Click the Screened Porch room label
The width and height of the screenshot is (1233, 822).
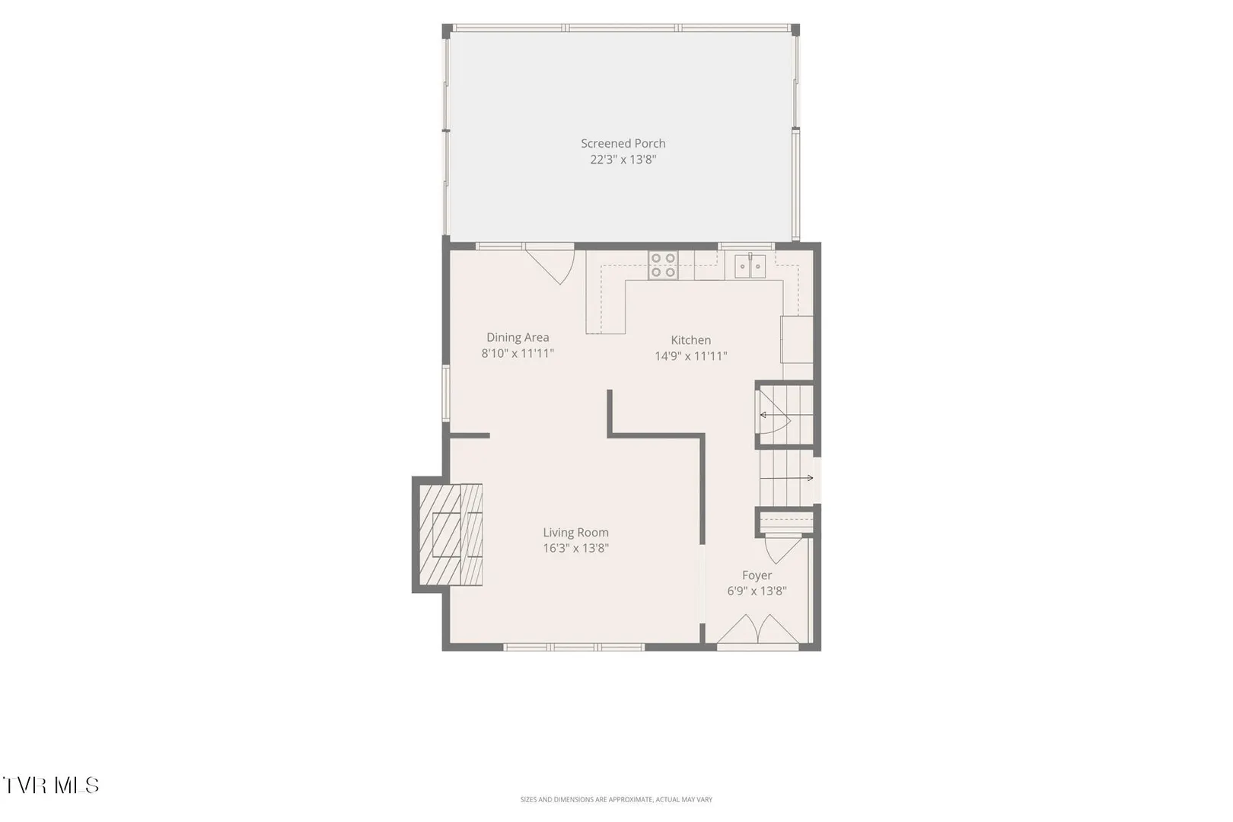coord(623,144)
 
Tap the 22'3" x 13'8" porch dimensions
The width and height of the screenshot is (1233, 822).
coord(623,160)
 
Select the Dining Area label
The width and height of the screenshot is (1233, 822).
coord(518,337)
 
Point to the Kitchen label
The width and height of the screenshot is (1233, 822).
coord(691,339)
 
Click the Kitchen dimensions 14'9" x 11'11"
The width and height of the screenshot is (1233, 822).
coord(691,356)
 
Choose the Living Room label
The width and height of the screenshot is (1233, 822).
coord(575,533)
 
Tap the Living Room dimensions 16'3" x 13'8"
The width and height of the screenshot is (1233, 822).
coord(575,548)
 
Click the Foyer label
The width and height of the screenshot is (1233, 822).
coord(757,575)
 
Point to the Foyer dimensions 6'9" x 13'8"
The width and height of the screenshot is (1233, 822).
coord(757,591)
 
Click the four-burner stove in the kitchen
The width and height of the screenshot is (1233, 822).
coord(663,265)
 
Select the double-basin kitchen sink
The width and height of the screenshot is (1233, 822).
coord(750,266)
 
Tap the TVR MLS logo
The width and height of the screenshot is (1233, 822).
coord(51,785)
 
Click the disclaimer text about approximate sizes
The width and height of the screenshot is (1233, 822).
coord(616,799)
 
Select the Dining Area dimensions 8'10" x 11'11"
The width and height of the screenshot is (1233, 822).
coord(518,353)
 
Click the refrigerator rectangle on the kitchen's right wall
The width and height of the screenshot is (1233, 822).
coord(797,339)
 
